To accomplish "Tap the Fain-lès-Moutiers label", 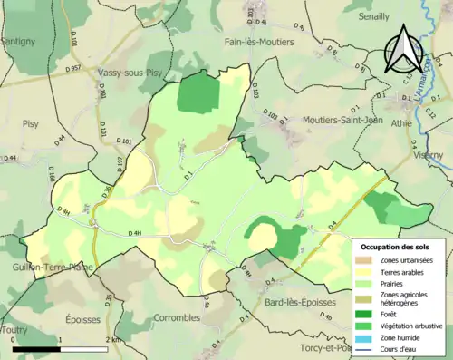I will (265, 42).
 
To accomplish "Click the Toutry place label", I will (14, 331).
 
